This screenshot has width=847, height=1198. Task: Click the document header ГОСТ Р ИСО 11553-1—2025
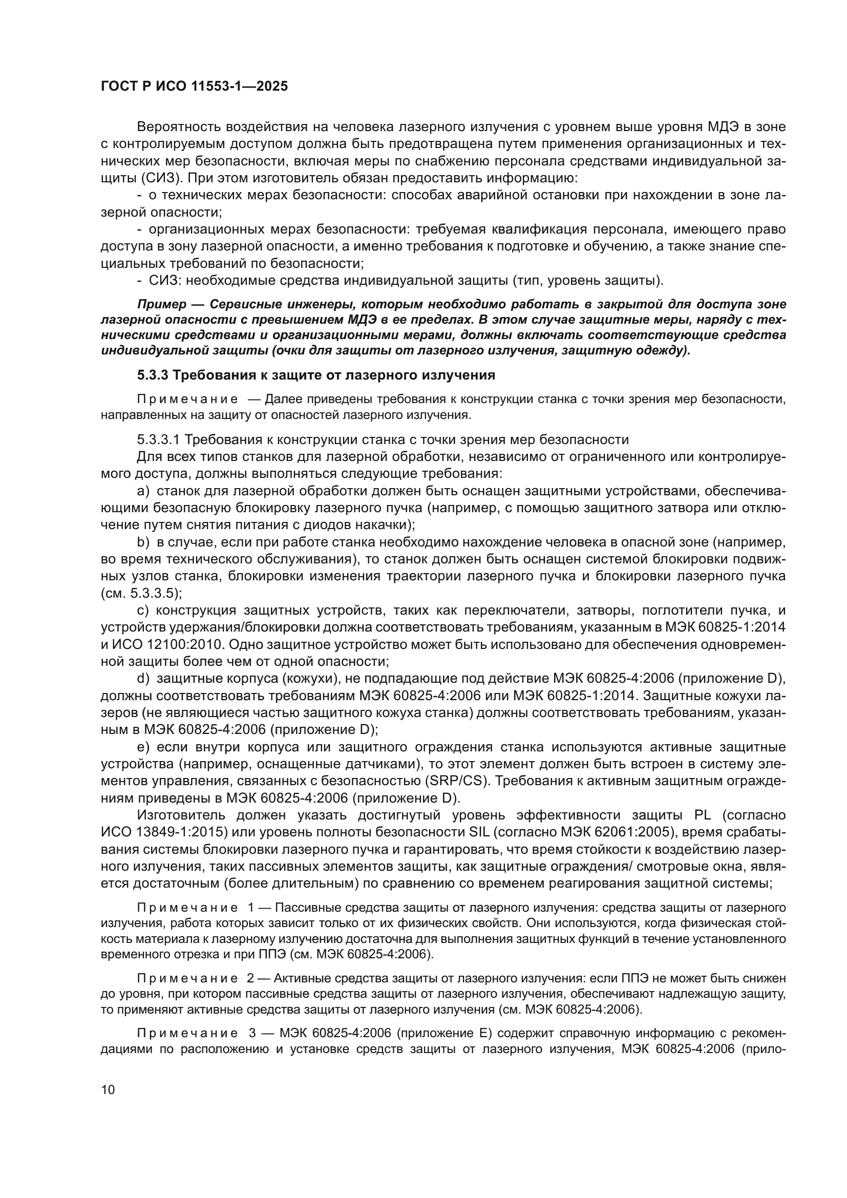click(x=194, y=87)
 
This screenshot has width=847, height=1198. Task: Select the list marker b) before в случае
click(x=143, y=542)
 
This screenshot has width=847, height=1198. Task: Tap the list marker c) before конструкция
click(x=143, y=611)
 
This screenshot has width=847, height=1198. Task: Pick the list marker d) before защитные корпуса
click(x=143, y=678)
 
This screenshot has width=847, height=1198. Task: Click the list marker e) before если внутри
click(x=143, y=747)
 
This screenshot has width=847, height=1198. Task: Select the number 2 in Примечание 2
click(x=251, y=978)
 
